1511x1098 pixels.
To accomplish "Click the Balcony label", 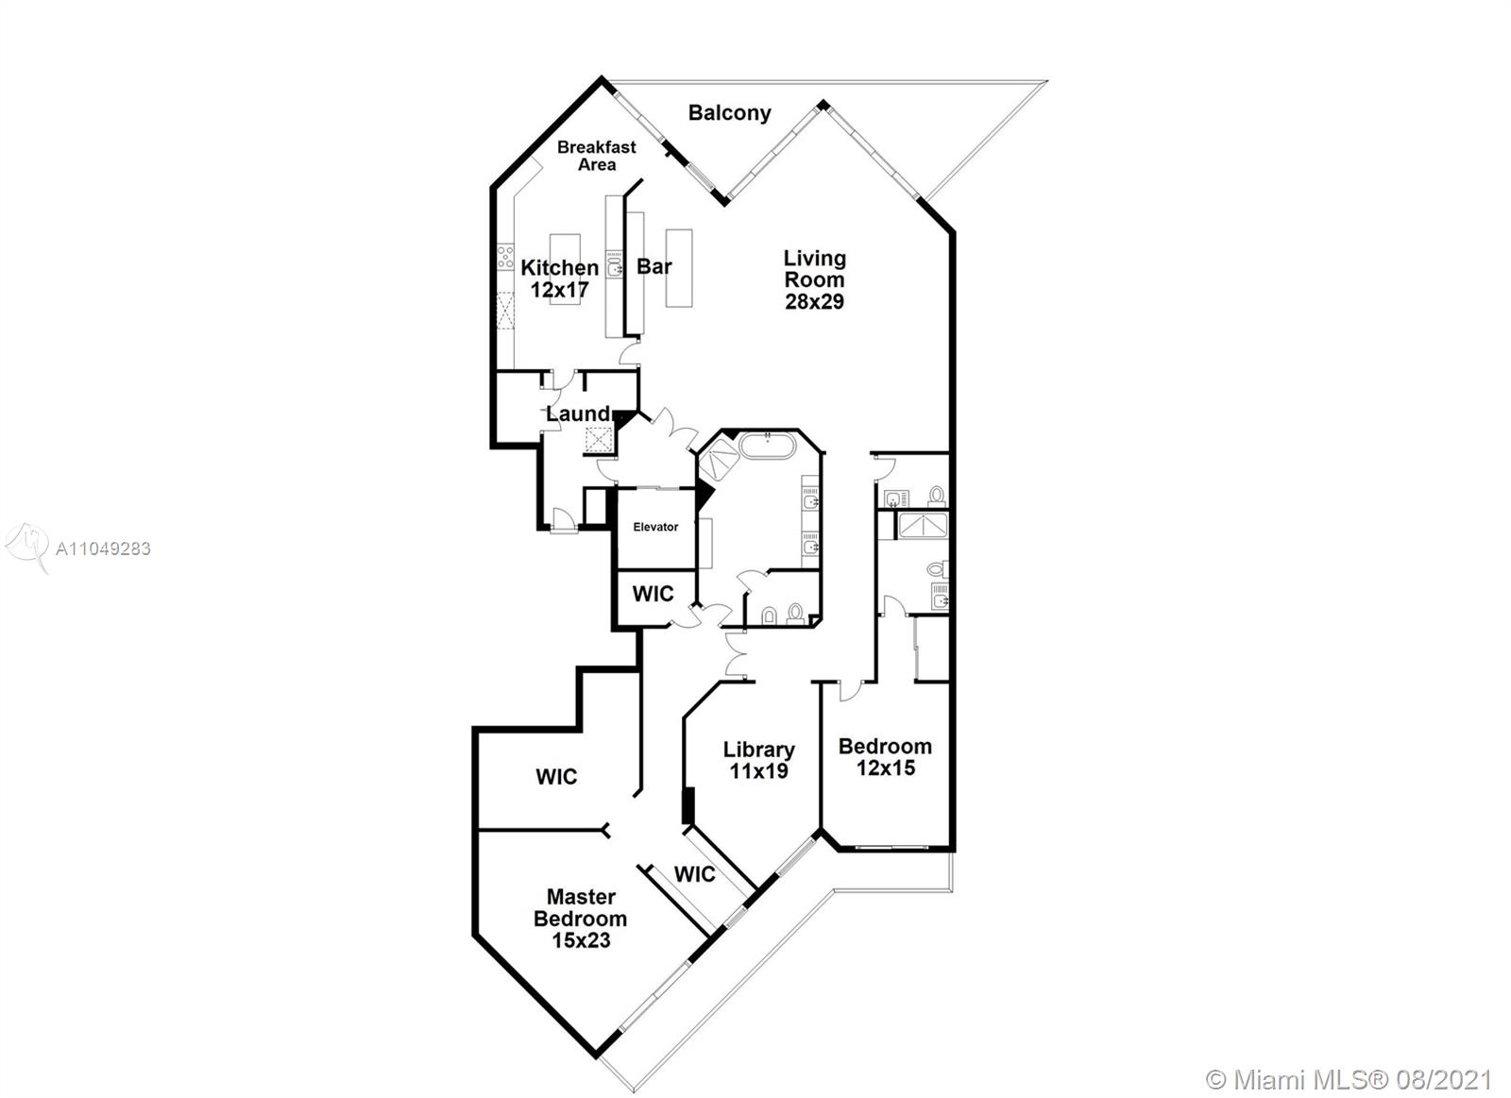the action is click(729, 112).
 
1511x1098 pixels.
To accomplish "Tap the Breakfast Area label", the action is click(596, 156).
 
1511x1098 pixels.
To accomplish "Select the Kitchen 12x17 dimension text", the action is click(559, 289).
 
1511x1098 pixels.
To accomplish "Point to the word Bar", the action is click(654, 266).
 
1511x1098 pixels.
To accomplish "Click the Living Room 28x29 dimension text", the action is click(814, 301).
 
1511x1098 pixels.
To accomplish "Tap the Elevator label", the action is click(655, 527).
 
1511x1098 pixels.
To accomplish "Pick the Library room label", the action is click(759, 750).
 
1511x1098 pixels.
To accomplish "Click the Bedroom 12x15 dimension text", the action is click(886, 768).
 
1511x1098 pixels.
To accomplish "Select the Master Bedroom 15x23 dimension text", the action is click(581, 939).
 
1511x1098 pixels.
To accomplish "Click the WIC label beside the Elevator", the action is click(653, 594).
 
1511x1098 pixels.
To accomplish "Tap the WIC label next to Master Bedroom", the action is click(694, 874).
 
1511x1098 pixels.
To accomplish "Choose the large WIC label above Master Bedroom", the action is click(556, 776).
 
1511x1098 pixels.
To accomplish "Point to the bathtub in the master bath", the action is click(768, 447).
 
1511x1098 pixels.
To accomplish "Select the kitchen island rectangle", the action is click(566, 269).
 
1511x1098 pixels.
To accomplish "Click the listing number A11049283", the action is click(103, 549).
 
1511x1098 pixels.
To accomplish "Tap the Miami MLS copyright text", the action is click(1349, 1080).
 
